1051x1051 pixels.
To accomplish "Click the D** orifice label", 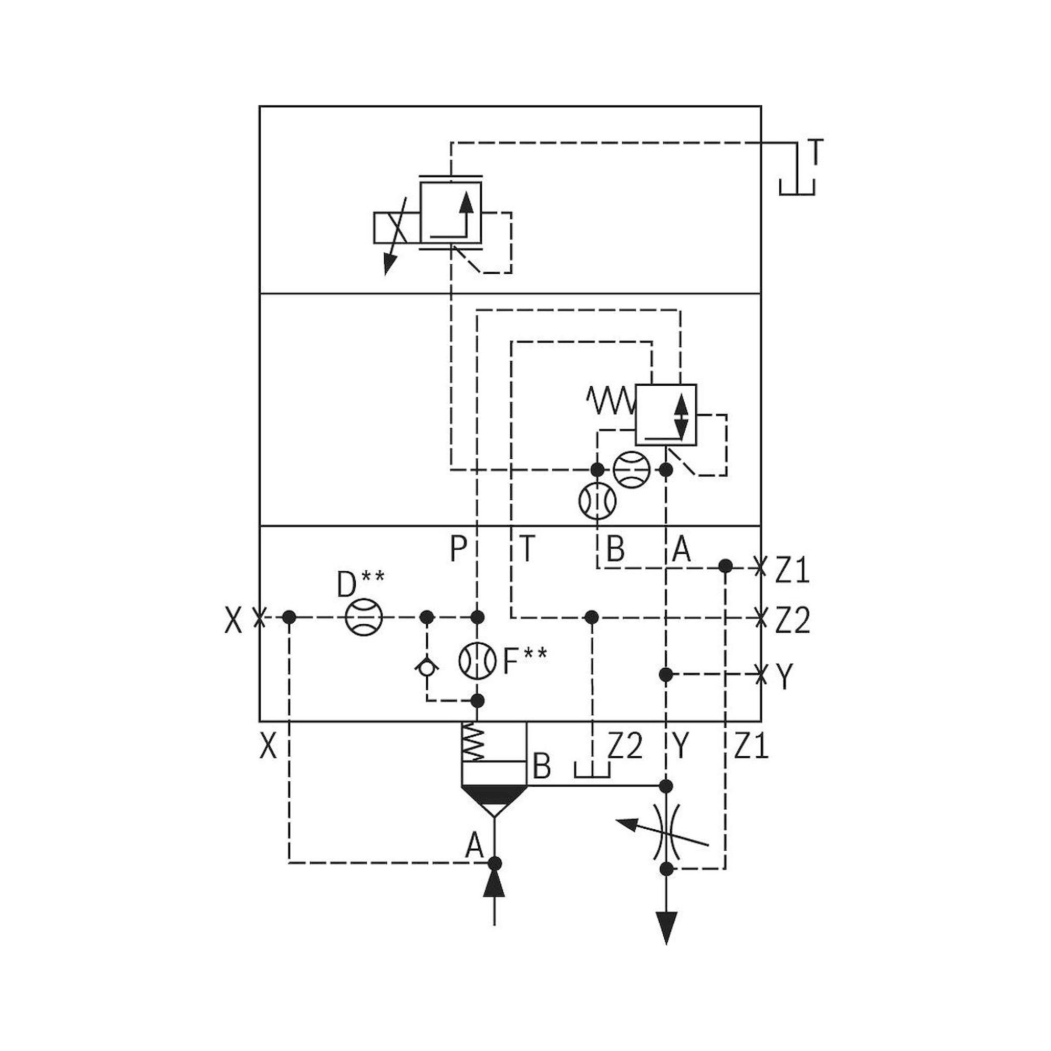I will [360, 585].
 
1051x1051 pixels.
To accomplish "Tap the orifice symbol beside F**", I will [478, 661].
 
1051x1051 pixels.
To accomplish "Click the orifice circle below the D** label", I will [364, 617].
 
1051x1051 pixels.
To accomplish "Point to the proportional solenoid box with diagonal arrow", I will [396, 228].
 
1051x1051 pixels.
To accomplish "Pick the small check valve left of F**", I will [427, 666].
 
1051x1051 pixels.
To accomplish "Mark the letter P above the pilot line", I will [458, 550].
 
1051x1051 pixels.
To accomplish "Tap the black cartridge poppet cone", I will [494, 797].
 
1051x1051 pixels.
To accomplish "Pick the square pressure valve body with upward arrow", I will [450, 212].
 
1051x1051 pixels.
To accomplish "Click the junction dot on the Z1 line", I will [725, 566].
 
